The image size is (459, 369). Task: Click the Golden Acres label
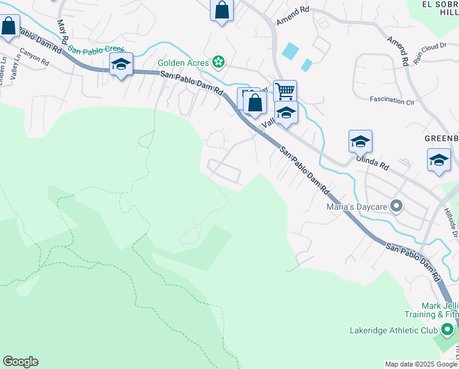click(183, 62)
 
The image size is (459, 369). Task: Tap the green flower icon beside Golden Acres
click(218, 61)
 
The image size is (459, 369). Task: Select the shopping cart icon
click(285, 92)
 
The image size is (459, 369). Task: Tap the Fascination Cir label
click(392, 99)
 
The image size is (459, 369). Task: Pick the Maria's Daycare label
click(357, 207)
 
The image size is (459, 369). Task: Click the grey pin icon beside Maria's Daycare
click(397, 207)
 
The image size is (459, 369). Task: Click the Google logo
click(20, 362)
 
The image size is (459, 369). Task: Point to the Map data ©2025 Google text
click(420, 364)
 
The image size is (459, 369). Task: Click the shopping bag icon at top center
click(222, 10)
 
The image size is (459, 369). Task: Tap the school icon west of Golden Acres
click(121, 64)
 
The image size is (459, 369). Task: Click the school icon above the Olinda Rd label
click(360, 141)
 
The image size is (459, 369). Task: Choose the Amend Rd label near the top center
click(293, 16)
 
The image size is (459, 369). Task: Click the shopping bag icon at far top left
click(9, 26)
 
